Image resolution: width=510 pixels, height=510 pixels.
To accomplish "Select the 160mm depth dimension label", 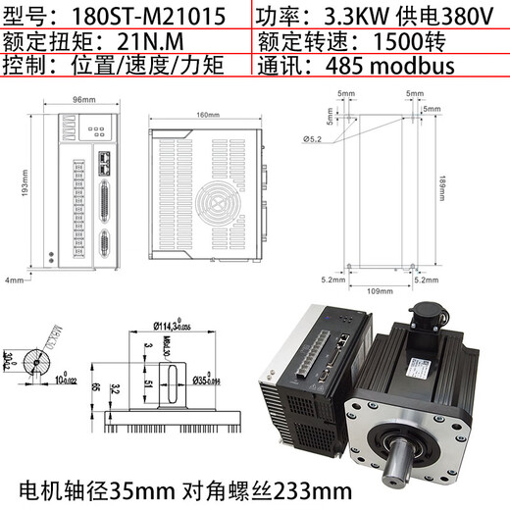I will pyautogui.click(x=208, y=116).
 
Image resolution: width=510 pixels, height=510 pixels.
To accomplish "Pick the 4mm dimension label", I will pyautogui.click(x=13, y=280).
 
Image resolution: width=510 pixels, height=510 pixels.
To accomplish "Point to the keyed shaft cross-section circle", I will pyautogui.click(x=42, y=358).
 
